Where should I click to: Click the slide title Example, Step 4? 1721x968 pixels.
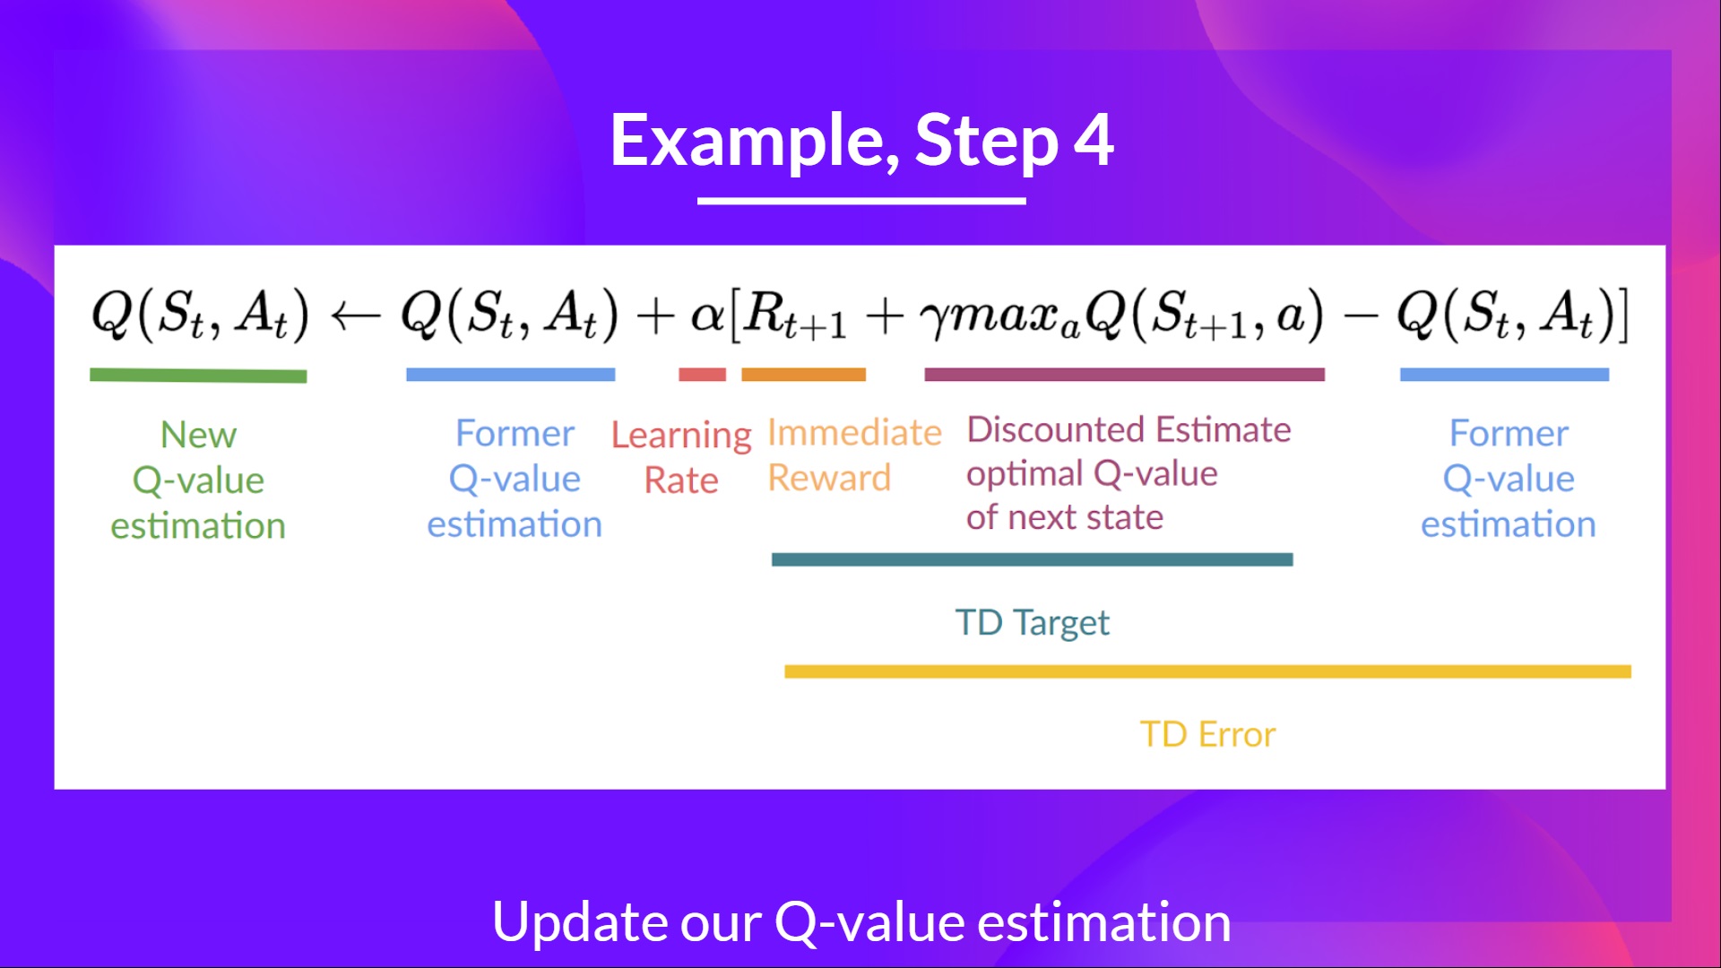[x=861, y=141]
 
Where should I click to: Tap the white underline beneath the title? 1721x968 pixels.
[x=861, y=201]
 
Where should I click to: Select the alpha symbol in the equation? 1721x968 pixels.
[x=707, y=315]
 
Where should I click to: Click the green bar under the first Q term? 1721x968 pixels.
[x=198, y=376]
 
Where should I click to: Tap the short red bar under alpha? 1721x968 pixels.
[x=702, y=375]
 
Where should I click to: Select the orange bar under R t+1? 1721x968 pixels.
[x=803, y=375]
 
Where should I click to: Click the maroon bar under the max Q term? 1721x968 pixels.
[x=1124, y=375]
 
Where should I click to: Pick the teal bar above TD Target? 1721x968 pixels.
[x=1032, y=559]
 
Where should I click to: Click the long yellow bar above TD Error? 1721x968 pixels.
[x=1207, y=671]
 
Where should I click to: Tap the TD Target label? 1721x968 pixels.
[x=1032, y=622]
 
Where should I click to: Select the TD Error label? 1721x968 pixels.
[x=1207, y=734]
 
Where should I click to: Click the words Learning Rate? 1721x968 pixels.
[x=681, y=457]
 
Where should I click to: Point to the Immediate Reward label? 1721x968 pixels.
[x=853, y=455]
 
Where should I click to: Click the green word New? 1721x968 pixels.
[x=198, y=435]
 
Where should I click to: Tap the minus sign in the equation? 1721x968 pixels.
[x=1361, y=316]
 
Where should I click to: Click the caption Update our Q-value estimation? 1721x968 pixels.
[x=861, y=921]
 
